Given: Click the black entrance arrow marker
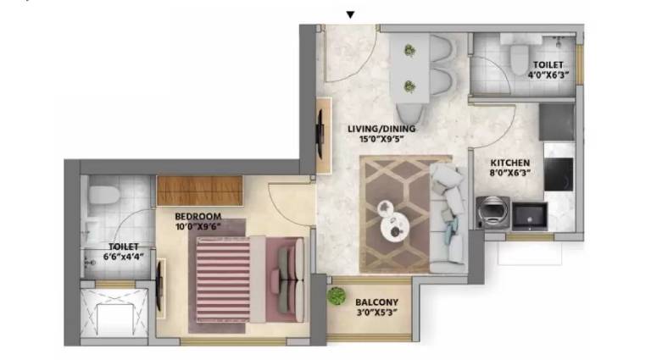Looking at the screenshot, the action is [x=350, y=15].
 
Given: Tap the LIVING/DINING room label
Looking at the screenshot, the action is [x=381, y=129].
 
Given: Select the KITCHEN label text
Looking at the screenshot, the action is [x=509, y=163].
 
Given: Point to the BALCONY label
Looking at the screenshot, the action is [x=376, y=302].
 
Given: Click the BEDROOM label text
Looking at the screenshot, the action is [x=198, y=217].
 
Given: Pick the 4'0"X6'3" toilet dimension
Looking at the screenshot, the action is [x=548, y=75].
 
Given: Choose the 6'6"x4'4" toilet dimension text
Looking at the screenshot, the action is [x=123, y=257].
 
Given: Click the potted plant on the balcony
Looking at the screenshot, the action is [x=336, y=296].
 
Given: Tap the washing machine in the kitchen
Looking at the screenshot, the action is [x=492, y=213].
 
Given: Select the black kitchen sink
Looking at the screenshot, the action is [x=529, y=216].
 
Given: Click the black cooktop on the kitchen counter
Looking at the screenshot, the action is [x=559, y=174].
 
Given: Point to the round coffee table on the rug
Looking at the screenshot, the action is [x=395, y=227].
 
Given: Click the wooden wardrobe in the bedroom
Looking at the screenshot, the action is [x=199, y=191].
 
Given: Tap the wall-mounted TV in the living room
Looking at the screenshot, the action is [x=320, y=134].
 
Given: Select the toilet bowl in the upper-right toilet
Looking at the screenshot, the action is [x=520, y=59].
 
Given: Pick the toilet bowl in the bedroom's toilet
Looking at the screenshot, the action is [x=104, y=195].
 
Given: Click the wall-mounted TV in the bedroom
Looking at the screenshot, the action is [x=159, y=287].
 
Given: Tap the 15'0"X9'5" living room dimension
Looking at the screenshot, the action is [x=381, y=140].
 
